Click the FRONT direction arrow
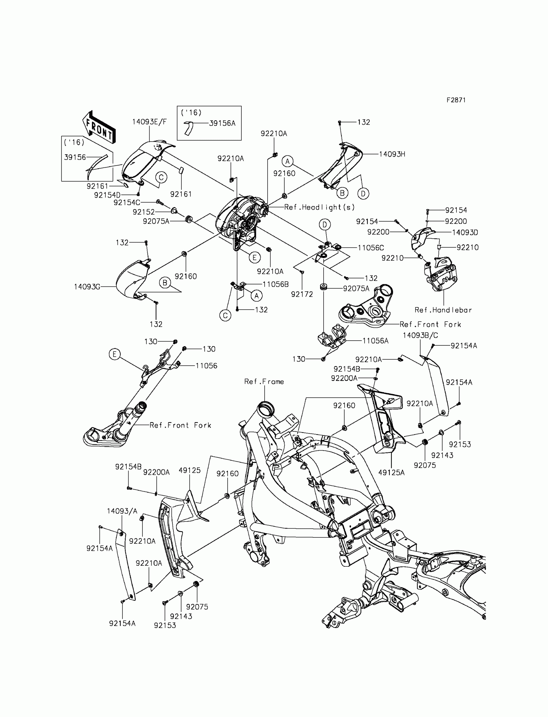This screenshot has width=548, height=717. pyautogui.click(x=99, y=128)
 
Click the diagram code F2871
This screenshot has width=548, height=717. pyautogui.click(x=456, y=100)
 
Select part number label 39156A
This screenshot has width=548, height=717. pyautogui.click(x=222, y=123)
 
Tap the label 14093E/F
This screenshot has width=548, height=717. pyautogui.click(x=149, y=122)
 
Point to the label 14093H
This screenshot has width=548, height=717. pyautogui.click(x=392, y=154)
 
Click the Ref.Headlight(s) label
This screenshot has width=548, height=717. pyautogui.click(x=319, y=207)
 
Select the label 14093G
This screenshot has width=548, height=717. pyautogui.click(x=87, y=287)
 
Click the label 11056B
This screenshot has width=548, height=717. pyautogui.click(x=276, y=284)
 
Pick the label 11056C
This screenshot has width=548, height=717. pyautogui.click(x=371, y=248)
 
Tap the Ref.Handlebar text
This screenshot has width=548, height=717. pyautogui.click(x=443, y=310)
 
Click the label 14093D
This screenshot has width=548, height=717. pyautogui.click(x=465, y=232)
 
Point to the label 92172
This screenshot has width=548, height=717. pyautogui.click(x=302, y=294)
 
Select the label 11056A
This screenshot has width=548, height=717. pyautogui.click(x=376, y=341)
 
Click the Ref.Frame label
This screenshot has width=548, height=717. pyautogui.click(x=264, y=382)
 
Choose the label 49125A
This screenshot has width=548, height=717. pyautogui.click(x=391, y=472)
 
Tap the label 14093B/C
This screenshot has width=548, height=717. pyautogui.click(x=420, y=335)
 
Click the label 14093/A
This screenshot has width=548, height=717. pyautogui.click(x=122, y=511)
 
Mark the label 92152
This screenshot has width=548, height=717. pyautogui.click(x=144, y=212)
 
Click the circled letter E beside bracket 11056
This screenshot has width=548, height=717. pyautogui.click(x=114, y=354)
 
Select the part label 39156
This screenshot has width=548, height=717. pyautogui.click(x=75, y=157)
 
